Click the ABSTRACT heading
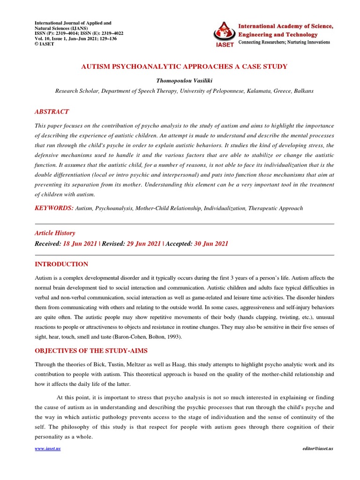click(x=52, y=112)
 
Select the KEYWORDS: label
click(x=54, y=208)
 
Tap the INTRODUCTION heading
click(x=61, y=264)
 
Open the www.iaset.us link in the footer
click(x=48, y=449)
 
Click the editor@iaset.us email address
click(x=318, y=449)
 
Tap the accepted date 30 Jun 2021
click(x=211, y=244)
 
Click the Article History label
click(x=55, y=233)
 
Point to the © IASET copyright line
click(x=45, y=44)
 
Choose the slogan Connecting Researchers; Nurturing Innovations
click(x=285, y=42)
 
